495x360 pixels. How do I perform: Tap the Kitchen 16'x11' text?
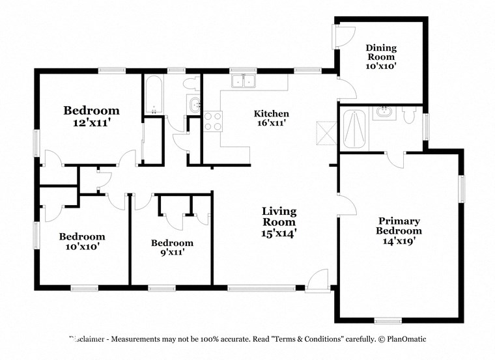pyautogui.click(x=271, y=118)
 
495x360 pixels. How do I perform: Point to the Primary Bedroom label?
pyautogui.click(x=399, y=226)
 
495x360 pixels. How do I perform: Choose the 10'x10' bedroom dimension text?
pyautogui.click(x=82, y=247)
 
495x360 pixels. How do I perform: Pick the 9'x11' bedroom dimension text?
pyautogui.click(x=172, y=253)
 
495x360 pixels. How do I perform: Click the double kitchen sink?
pyautogui.click(x=246, y=81)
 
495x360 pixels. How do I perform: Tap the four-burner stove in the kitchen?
pyautogui.click(x=213, y=120)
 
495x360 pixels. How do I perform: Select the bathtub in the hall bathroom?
pyautogui.click(x=154, y=94)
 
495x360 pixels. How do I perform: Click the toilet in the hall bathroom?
pyautogui.click(x=190, y=83)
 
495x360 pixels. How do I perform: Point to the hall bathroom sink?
pyautogui.click(x=195, y=105)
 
